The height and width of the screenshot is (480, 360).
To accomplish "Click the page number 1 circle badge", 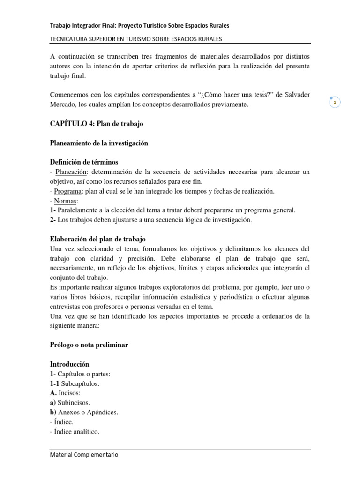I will [x=335, y=102].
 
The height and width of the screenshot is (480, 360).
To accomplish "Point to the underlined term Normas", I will [x=66, y=201].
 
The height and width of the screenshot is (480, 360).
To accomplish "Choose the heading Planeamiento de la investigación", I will [x=99, y=143].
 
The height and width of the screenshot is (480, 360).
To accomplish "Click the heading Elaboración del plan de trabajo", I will [x=101, y=239].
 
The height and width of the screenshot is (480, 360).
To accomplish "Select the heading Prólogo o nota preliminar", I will [x=89, y=345].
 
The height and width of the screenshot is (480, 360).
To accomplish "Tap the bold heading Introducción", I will [x=69, y=364].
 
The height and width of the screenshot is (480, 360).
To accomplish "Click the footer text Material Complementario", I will [x=84, y=455].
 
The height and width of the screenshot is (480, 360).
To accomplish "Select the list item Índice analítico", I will [x=77, y=432].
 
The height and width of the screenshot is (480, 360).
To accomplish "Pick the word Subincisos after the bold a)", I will [x=75, y=403].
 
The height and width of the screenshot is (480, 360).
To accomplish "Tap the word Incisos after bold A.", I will [x=70, y=393].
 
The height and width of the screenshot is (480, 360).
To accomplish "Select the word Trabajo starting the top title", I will [x=61, y=25].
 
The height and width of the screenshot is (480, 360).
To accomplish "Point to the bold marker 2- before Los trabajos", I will [x=53, y=220].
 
